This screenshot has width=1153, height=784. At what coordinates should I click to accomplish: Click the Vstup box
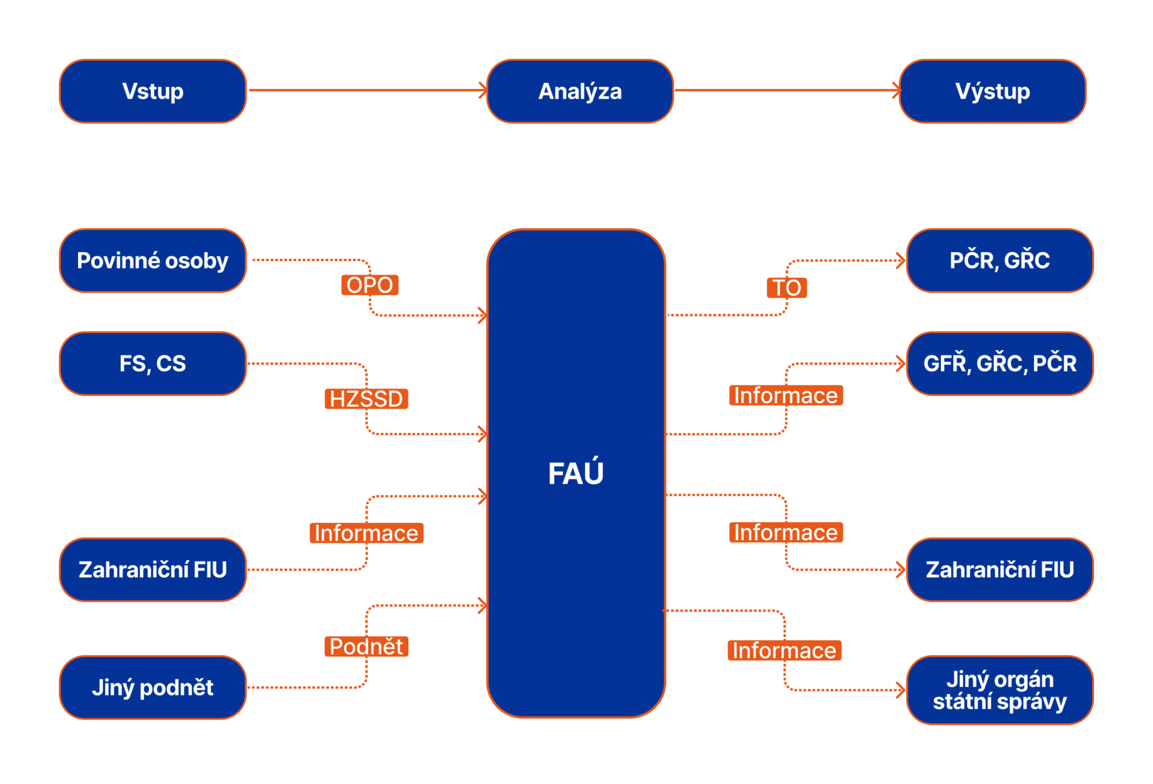tap(153, 91)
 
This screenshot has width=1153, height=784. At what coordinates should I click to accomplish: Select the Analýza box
tap(580, 91)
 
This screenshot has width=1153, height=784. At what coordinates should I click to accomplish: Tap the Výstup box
tap(992, 91)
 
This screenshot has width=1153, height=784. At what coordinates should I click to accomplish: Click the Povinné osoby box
tap(153, 261)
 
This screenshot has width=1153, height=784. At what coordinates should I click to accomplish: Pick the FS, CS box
tap(153, 364)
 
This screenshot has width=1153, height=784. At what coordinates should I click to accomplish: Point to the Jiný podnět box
tap(153, 687)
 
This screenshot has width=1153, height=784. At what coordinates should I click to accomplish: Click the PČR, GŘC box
tap(999, 261)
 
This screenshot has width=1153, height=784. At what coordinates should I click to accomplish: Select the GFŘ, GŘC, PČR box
tap(999, 364)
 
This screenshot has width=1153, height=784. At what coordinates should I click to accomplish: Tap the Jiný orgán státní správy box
tap(999, 690)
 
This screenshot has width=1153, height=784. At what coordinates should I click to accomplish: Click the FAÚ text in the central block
tap(576, 473)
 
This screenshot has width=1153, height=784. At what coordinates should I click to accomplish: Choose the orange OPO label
tap(369, 285)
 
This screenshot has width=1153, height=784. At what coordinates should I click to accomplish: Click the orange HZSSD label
tap(366, 399)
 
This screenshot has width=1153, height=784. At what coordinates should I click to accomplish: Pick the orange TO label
tap(787, 288)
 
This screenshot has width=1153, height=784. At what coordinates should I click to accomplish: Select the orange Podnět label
tap(366, 647)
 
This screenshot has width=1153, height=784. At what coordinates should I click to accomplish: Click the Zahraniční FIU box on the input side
tap(153, 570)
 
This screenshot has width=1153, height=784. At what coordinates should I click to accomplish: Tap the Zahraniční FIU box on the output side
tap(999, 570)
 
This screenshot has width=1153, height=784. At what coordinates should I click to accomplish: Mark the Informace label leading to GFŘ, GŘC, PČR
tap(785, 396)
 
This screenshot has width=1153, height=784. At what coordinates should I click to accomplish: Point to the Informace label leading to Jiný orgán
tap(784, 650)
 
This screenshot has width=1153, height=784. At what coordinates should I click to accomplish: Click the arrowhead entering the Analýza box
tap(483, 91)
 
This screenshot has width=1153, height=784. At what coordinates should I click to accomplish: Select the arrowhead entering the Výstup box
tap(897, 91)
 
